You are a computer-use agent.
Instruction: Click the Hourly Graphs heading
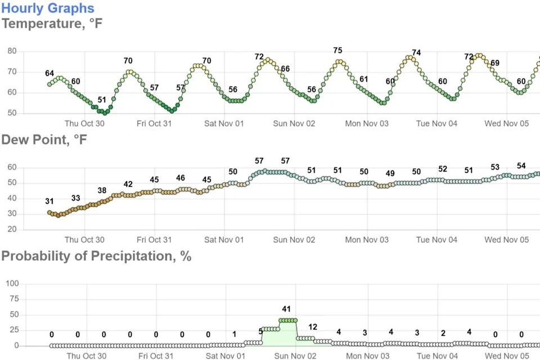point(47,8)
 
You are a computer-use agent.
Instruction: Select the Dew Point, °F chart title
point(44,140)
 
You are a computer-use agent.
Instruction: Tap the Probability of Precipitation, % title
point(96,256)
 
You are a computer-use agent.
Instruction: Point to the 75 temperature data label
point(337,51)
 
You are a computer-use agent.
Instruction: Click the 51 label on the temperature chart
point(102,100)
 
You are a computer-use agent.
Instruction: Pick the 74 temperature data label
point(416,53)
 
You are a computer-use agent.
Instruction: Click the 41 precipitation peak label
point(286,309)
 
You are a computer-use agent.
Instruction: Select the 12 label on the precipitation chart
point(313,327)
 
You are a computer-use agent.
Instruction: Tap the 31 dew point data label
point(49,201)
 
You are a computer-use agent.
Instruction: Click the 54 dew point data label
point(521,166)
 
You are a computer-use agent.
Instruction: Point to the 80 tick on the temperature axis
point(12,51)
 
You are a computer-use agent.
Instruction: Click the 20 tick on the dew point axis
point(12,230)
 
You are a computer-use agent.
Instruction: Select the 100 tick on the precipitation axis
point(12,283)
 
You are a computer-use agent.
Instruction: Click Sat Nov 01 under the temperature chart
point(224,124)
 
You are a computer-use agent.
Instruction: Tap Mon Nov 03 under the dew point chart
point(367,240)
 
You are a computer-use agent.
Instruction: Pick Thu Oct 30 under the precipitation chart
point(86,356)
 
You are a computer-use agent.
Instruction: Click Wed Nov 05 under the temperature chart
point(507,124)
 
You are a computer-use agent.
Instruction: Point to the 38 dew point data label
point(102,191)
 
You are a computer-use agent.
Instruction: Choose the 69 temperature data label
point(495,63)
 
